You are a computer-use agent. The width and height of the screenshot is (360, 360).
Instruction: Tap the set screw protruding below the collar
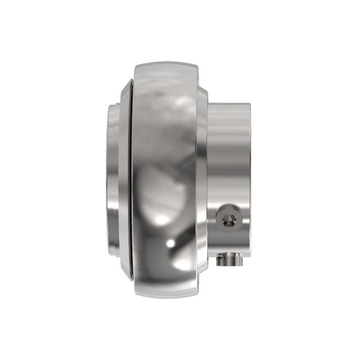pyautogui.click(x=229, y=259)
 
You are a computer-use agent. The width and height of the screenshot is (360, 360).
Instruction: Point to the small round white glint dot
pyautogui.click(x=171, y=243)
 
